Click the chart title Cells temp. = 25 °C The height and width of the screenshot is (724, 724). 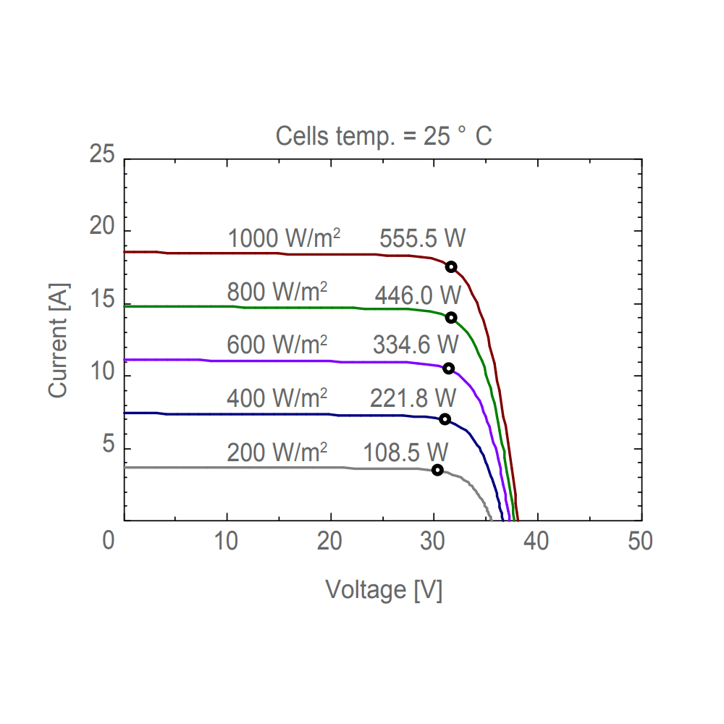tap(384, 135)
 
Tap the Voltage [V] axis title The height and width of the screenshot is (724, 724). tap(384, 589)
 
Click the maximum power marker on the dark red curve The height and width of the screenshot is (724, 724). tap(451, 266)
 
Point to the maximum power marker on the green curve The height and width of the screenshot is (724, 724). tap(451, 317)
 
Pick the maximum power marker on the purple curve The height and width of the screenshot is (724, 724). tap(448, 368)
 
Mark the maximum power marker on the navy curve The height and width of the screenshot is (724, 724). tap(445, 419)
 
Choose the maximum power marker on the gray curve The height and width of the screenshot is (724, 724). tap(437, 470)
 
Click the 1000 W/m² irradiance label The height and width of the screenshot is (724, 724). tap(284, 238)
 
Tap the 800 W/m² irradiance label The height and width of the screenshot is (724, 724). tap(277, 292)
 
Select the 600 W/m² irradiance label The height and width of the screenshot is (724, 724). tap(277, 345)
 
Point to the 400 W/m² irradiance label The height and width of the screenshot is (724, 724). tap(277, 397)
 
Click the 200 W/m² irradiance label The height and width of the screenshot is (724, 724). tap(277, 452)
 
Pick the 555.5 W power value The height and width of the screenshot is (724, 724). tap(422, 238)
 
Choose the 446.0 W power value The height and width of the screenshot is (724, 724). tap(418, 295)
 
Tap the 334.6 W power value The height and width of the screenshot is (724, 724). tap(416, 345)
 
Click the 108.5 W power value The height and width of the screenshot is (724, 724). tap(405, 452)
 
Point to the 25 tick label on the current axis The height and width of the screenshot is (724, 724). tap(101, 154)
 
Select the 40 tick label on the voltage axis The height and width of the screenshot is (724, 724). tap(536, 541)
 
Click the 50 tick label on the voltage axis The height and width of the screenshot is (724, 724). tap(640, 541)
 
